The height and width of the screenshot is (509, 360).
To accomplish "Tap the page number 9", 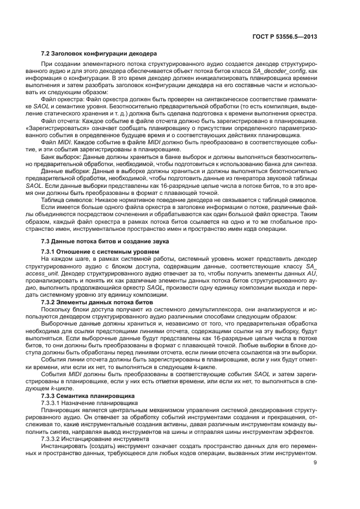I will click(x=315, y=463).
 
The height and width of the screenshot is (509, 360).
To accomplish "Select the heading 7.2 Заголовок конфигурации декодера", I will click(x=99, y=54).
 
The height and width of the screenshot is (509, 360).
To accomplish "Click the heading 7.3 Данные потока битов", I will click(x=105, y=241).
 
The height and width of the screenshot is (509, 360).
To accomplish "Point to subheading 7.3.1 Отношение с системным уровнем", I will click(x=100, y=252).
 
